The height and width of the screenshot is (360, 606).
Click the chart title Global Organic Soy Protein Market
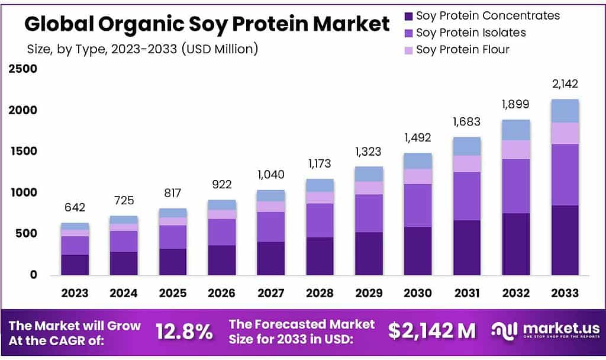point(207,24)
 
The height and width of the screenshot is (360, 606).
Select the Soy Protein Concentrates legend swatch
point(408,16)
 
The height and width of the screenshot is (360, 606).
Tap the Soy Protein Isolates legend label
point(470,33)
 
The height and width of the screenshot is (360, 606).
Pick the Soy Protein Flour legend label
point(462,49)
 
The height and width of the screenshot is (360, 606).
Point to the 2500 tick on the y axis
point(22,69)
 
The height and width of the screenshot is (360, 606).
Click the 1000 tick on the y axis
point(22,192)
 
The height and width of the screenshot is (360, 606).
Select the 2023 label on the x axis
point(75,293)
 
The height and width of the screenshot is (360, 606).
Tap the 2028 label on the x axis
point(320,293)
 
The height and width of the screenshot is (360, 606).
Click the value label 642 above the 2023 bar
point(75,207)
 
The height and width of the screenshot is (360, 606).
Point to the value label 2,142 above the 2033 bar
point(565,83)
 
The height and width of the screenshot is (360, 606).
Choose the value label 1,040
point(271,175)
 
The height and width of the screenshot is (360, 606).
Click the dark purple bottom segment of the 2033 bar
point(565,240)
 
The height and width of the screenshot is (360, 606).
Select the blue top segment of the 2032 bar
point(516,130)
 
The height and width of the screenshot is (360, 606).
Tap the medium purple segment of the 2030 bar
point(418,205)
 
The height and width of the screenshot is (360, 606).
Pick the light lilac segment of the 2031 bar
point(467,163)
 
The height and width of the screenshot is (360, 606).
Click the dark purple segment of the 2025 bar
point(173,261)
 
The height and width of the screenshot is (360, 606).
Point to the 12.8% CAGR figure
point(184,332)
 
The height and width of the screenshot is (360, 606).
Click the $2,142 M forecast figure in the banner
point(432,332)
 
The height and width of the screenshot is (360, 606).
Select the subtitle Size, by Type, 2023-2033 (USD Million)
point(143,49)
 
